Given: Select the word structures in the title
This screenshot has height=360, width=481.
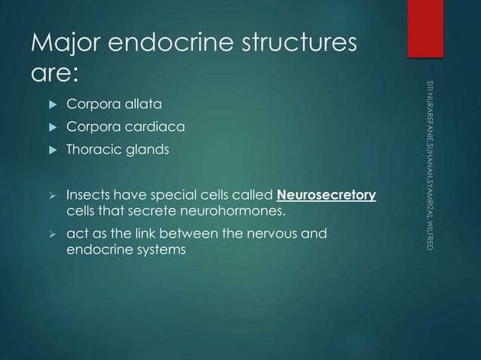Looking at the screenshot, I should point(296,46).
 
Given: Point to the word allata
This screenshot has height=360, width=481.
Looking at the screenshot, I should point(140,102).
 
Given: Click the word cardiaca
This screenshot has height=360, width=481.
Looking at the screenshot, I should point(151,126).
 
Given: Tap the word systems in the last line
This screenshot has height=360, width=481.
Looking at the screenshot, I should point(158,248).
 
